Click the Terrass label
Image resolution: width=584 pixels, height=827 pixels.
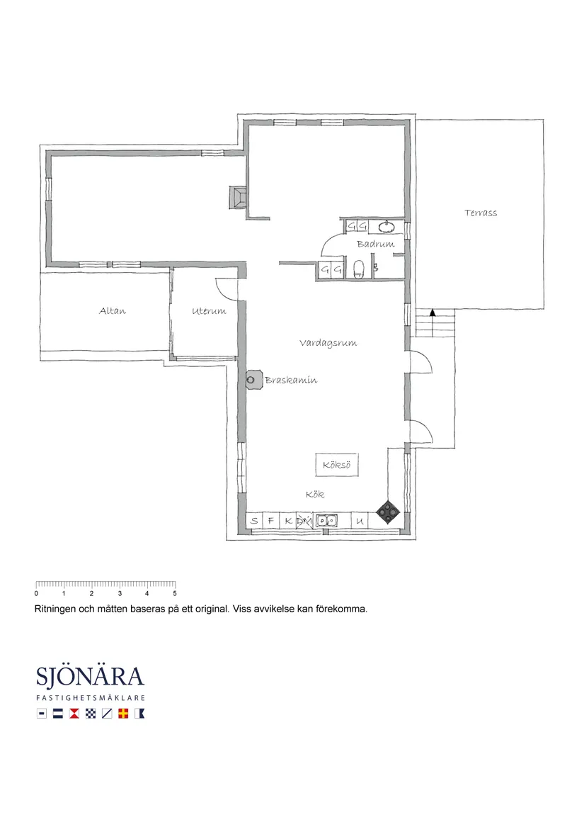[481, 213]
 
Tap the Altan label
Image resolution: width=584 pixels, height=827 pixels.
[113, 311]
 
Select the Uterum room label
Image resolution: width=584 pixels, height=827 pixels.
[209, 311]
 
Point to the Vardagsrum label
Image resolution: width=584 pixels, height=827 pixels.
[328, 344]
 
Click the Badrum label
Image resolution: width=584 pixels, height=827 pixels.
[375, 244]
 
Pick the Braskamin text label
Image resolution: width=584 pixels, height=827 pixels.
[291, 380]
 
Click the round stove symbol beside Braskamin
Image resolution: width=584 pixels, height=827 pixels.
[253, 379]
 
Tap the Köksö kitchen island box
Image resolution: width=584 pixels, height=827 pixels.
[337, 465]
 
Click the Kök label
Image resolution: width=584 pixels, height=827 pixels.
[315, 495]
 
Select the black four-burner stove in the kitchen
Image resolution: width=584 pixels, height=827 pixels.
[389, 511]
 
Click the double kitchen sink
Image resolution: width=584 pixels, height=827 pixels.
[327, 521]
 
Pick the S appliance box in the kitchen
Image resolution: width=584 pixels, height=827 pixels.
[254, 521]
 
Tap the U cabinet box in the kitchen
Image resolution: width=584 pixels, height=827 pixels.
[360, 521]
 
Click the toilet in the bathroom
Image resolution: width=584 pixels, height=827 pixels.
[358, 269]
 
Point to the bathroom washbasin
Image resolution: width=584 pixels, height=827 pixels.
[387, 227]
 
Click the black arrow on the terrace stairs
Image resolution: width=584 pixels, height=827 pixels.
[433, 313]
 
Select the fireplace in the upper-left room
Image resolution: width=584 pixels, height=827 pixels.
[237, 198]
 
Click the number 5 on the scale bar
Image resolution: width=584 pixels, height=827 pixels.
[175, 593]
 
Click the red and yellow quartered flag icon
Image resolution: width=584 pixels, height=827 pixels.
[122, 714]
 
